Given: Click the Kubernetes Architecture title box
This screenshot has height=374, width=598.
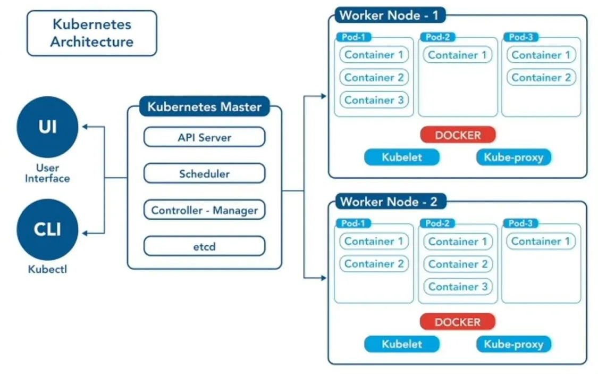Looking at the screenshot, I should click(x=91, y=33).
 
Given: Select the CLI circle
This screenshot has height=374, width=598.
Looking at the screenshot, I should click(x=47, y=230).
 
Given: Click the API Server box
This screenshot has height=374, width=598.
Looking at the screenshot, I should click(x=204, y=137).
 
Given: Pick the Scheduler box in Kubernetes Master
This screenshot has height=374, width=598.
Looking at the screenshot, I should click(x=204, y=173).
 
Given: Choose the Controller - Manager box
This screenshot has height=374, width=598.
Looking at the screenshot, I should click(x=204, y=210).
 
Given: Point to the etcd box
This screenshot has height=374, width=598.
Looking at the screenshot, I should click(x=204, y=246).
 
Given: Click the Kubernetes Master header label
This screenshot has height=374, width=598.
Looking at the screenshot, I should click(x=204, y=106).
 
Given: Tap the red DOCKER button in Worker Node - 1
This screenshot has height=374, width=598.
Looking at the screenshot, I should click(x=457, y=135).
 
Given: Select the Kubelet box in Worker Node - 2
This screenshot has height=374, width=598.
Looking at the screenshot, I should click(x=401, y=344).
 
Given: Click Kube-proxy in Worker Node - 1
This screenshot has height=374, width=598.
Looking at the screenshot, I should click(x=513, y=157).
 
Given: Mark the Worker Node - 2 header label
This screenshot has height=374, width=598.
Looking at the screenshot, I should click(x=389, y=202).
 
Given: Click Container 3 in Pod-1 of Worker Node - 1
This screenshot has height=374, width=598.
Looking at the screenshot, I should click(x=374, y=100).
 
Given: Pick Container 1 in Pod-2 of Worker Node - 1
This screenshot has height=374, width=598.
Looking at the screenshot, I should click(x=457, y=55).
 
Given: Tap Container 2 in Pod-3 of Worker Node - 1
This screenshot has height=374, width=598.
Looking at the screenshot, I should click(x=541, y=78).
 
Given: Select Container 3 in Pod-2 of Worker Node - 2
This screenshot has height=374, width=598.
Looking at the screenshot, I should click(x=458, y=287).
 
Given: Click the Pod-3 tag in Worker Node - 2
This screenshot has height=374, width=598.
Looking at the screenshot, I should click(x=520, y=223).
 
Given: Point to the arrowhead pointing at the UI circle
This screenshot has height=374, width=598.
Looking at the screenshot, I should click(x=85, y=127).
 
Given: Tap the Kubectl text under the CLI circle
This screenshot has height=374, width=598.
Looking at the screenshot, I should click(x=47, y=269).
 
